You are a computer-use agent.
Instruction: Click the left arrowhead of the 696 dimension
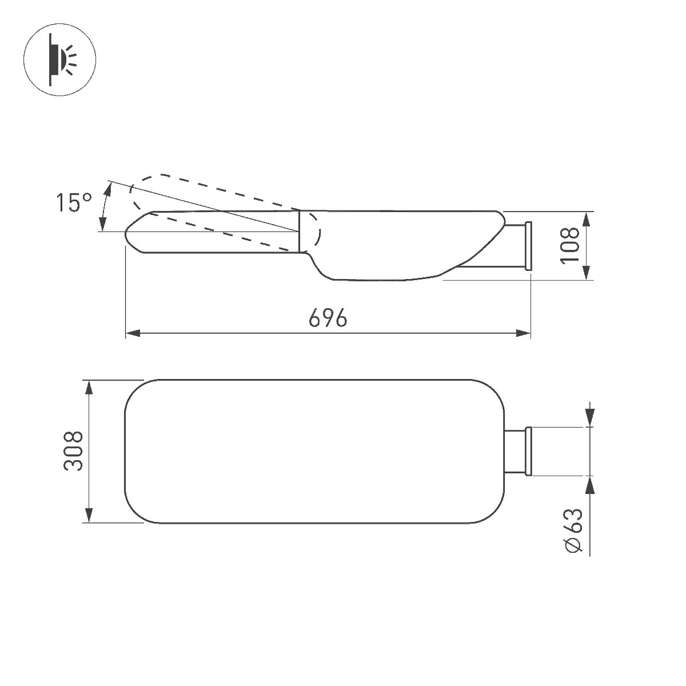(x=133, y=333)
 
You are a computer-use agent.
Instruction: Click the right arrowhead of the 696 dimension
(x=524, y=333)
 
